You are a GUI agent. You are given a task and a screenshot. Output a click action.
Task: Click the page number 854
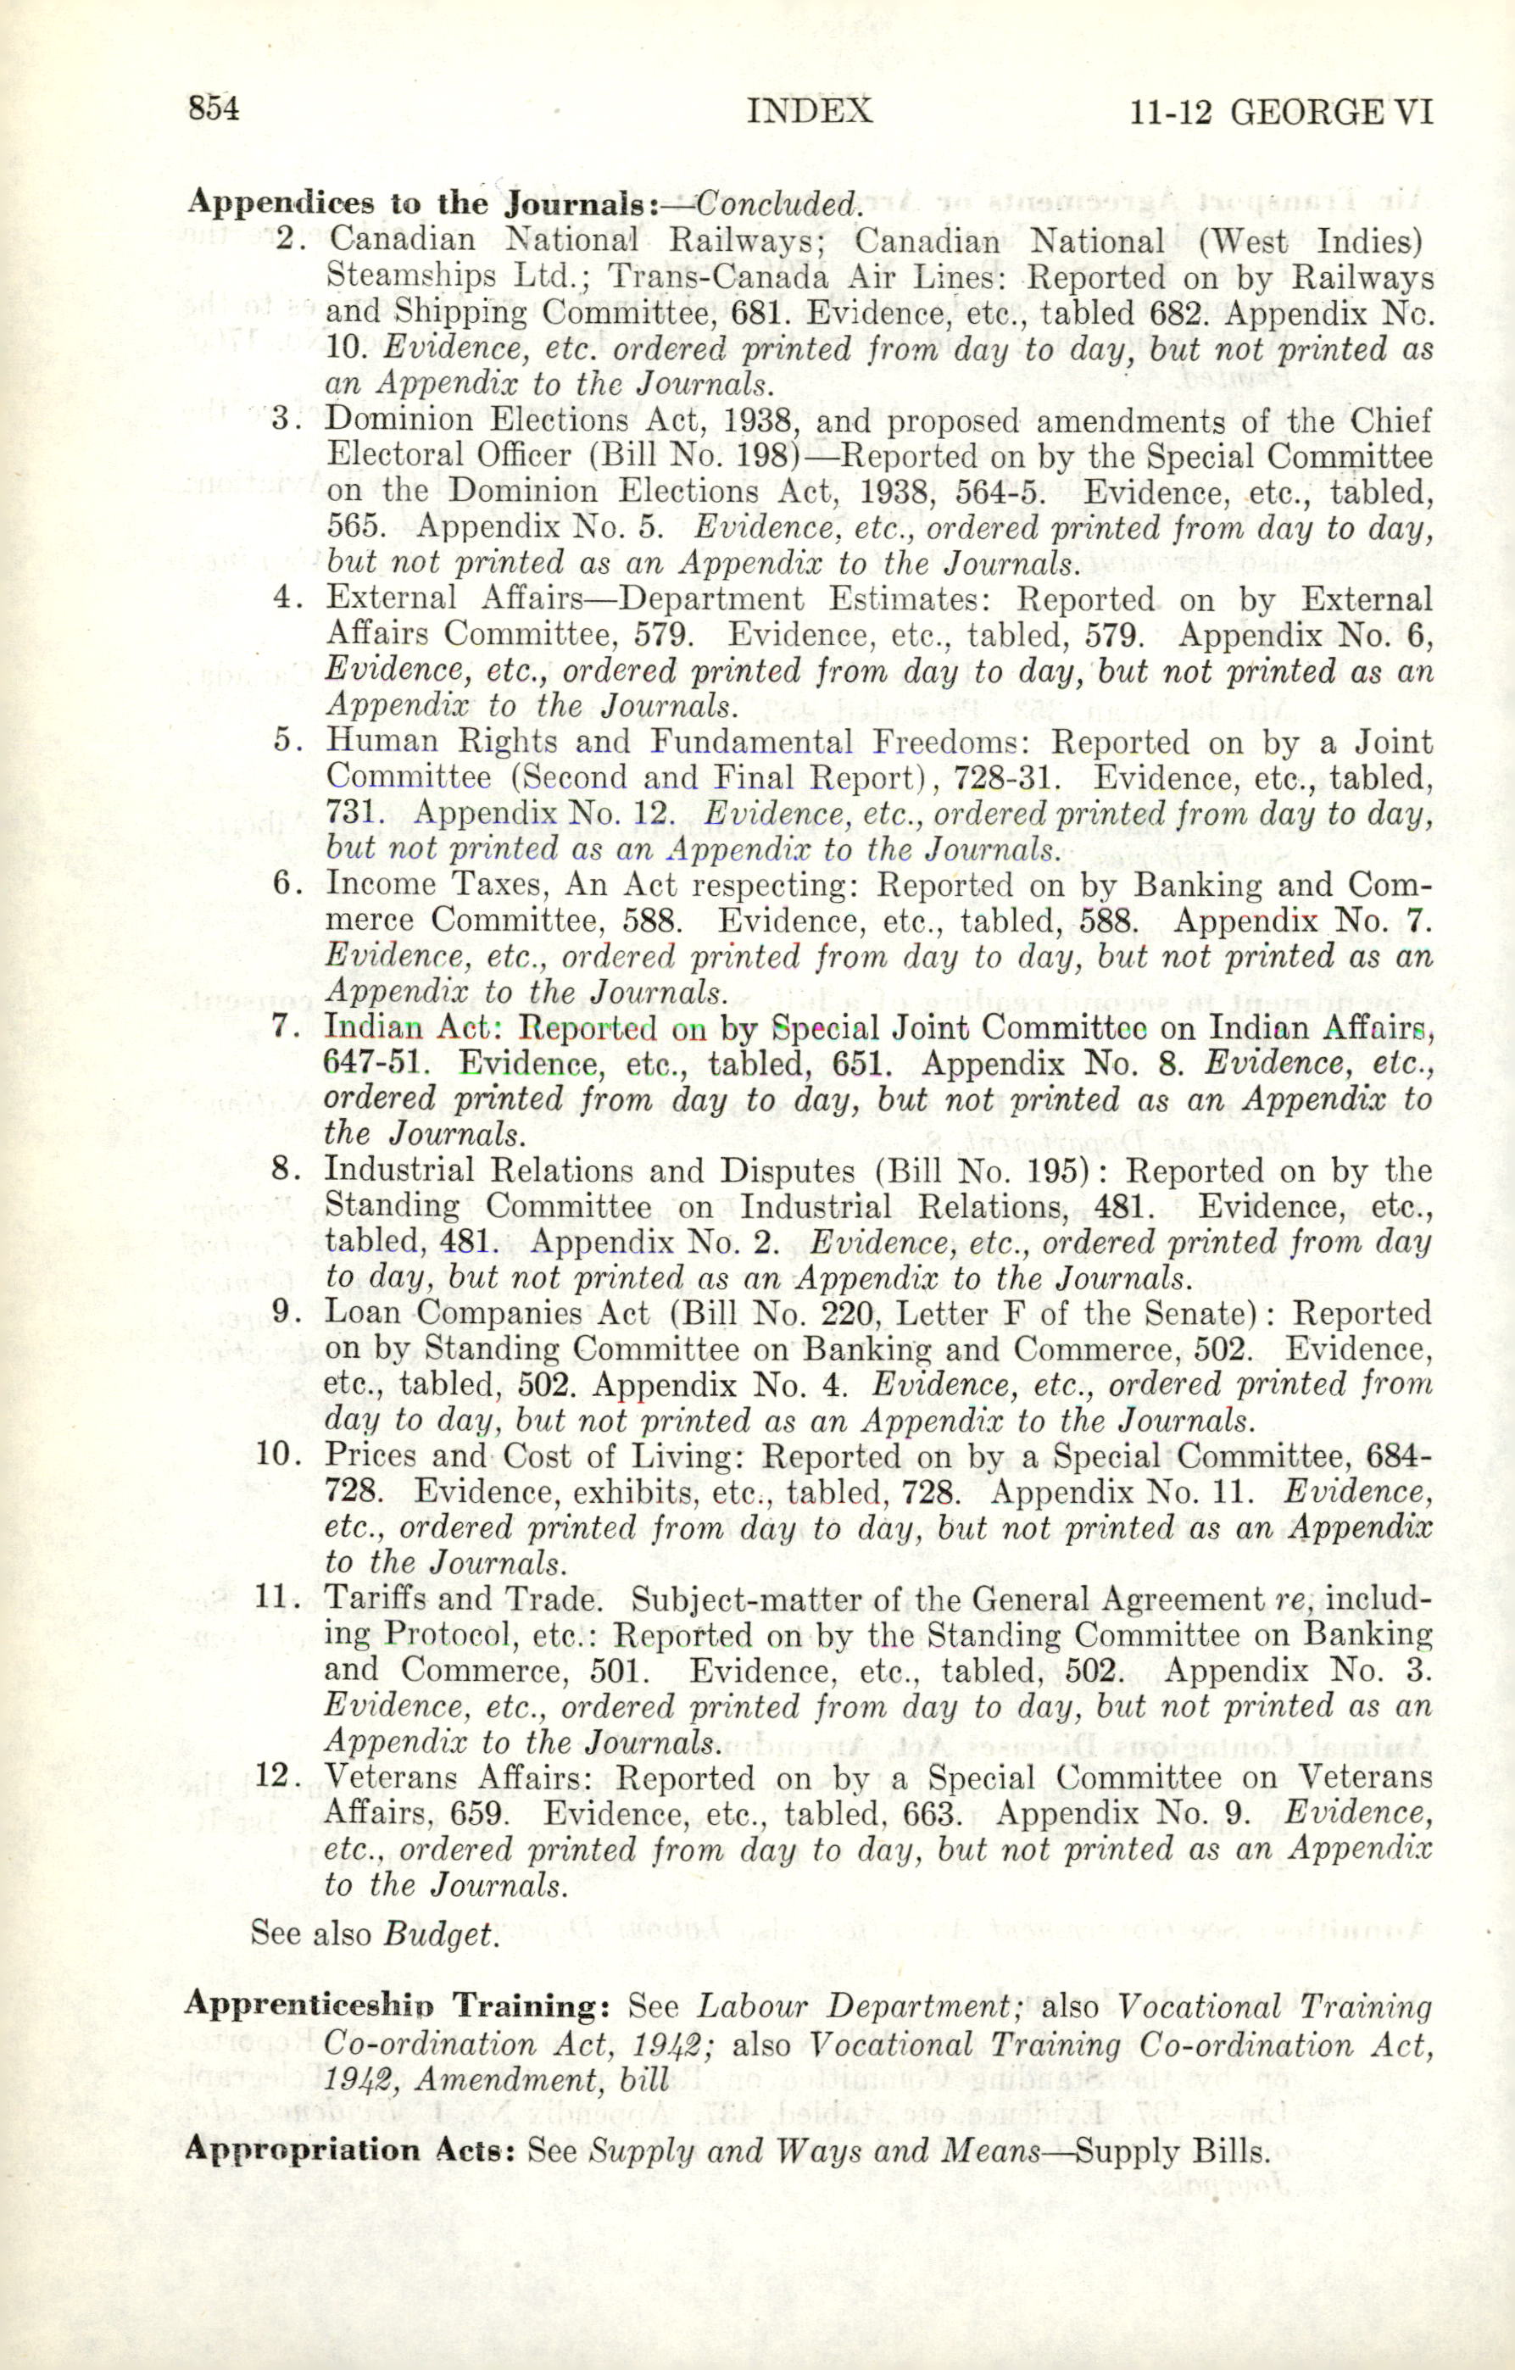tap(214, 108)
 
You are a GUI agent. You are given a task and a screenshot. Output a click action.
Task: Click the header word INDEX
tap(809, 110)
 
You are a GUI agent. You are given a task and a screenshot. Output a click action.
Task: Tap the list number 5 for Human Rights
tap(286, 740)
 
